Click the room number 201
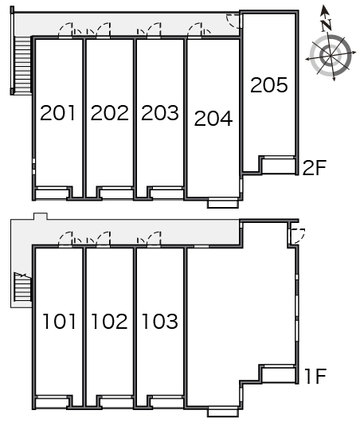coord(57,113)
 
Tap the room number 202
coord(109,113)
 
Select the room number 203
coord(160,113)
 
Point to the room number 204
coord(213,119)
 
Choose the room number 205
coord(269,85)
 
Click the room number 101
coord(59,322)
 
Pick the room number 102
coord(109,322)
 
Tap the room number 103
coord(160,322)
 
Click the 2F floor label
coord(315,167)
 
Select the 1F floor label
coord(315,376)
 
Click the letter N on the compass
coord(327,25)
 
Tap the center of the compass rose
coord(331,56)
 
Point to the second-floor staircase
coord(22,64)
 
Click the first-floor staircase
coord(22,287)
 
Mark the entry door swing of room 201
coord(65,29)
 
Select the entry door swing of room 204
coord(194,29)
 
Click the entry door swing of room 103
coord(154,238)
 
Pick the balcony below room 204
coord(223,203)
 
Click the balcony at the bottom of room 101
coord(51,403)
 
